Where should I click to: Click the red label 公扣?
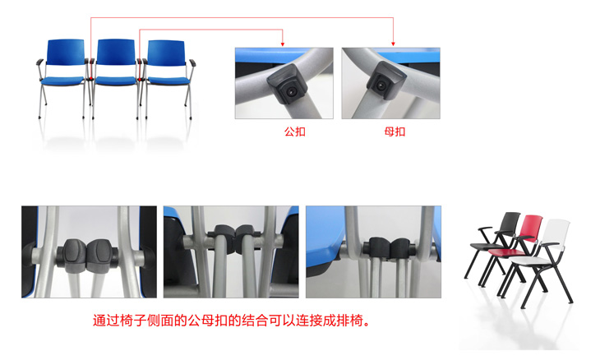point(294,132)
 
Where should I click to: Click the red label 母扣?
point(395,132)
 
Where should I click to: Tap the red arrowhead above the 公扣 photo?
point(283,44)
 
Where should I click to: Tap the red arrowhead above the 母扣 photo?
point(393,44)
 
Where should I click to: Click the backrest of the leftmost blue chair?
point(66,52)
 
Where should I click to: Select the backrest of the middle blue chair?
point(116,52)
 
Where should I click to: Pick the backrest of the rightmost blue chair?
point(166,53)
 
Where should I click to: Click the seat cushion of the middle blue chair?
point(116,81)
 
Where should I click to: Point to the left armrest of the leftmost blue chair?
point(39,61)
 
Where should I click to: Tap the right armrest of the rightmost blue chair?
point(192,62)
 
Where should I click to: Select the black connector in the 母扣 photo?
point(385,81)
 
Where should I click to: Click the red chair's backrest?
point(531,228)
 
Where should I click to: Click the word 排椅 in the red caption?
point(349,321)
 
